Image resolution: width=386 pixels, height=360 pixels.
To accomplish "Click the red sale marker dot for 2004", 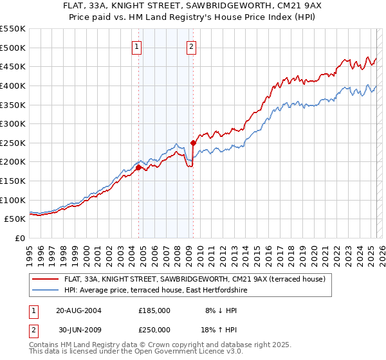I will pos(138,167).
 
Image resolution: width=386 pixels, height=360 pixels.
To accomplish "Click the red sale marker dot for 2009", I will pos(193,143).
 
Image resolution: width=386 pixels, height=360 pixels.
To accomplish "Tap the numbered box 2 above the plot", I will pos(192,46).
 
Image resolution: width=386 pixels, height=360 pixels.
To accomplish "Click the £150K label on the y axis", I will pos(13,181).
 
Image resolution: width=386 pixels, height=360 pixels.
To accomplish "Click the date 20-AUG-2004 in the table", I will pos(78,310).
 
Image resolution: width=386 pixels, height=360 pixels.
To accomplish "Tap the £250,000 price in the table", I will pos(154,329).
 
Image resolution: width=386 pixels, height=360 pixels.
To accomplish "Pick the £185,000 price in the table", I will pos(154,310).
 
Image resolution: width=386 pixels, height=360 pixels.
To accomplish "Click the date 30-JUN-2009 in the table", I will pos(78,329).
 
